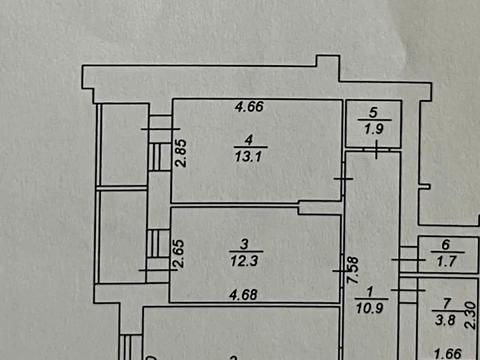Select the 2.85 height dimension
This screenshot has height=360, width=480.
181,157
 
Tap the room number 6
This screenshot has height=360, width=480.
445,245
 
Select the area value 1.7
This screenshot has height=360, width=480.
445,259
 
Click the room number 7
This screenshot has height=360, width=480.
447,302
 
